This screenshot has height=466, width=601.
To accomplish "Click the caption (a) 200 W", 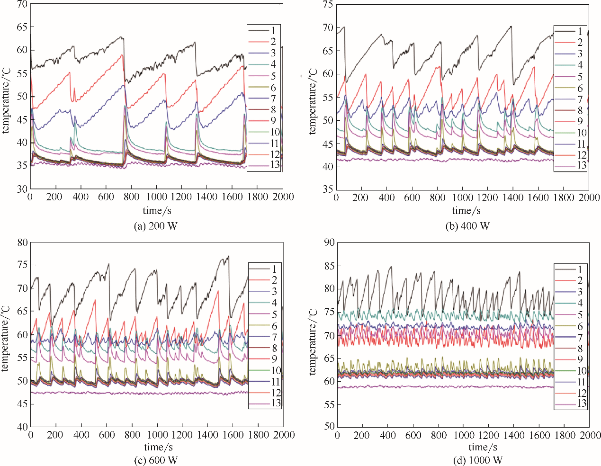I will tap(156, 226).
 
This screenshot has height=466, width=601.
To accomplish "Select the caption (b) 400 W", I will tap(467, 226).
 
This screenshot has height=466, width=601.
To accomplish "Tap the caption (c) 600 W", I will tap(157, 460).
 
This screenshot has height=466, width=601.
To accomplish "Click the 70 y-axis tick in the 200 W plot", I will tap(22, 5).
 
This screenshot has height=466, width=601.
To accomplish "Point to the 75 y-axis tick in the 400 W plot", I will tap(328, 5).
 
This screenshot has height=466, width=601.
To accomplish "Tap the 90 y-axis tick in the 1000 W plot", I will tap(329, 243).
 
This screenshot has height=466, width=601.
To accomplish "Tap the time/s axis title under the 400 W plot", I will tap(466, 210).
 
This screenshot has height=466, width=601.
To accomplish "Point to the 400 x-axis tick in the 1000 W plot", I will tap(387, 435).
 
